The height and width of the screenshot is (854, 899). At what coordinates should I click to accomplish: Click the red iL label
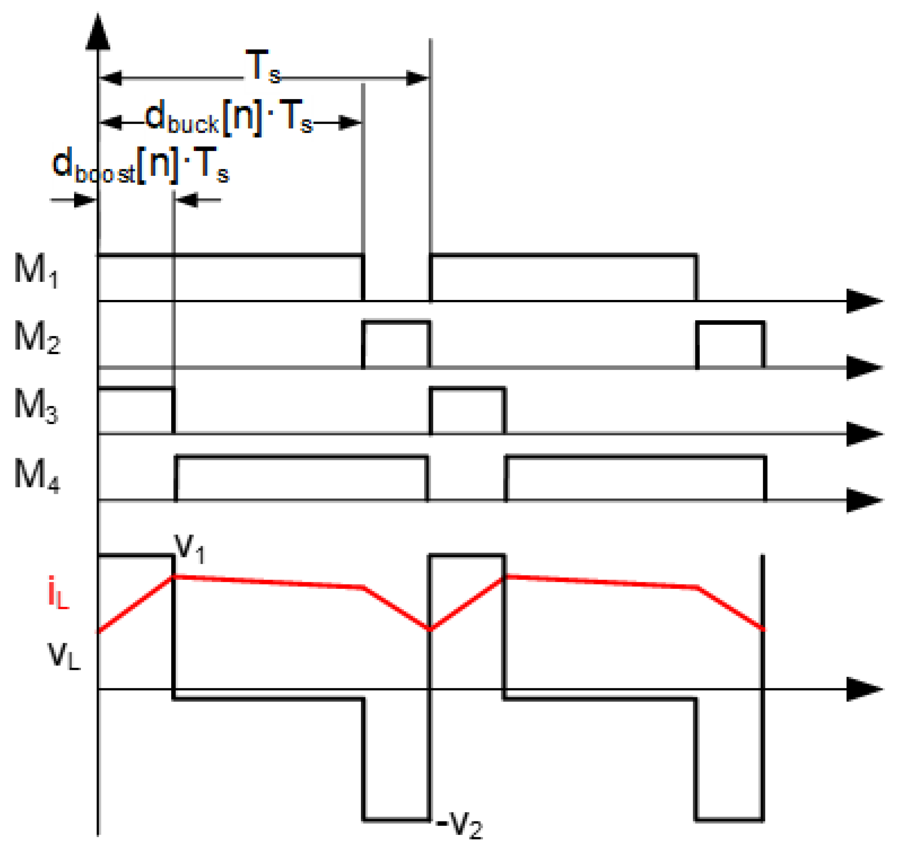coord(58,593)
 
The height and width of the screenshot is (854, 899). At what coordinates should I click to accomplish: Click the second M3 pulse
coord(468,411)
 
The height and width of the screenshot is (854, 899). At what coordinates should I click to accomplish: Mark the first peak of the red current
coord(173,577)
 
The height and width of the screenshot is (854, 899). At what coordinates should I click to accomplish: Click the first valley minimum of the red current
coord(429,629)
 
